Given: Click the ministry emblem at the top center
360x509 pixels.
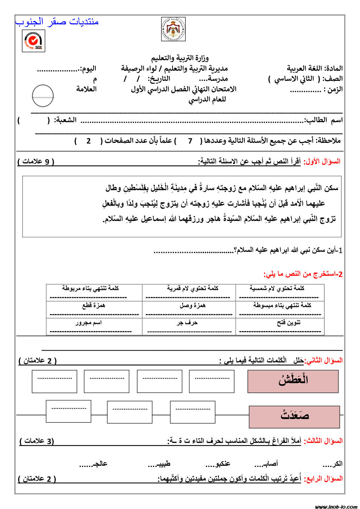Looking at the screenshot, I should pyautogui.click(x=173, y=29).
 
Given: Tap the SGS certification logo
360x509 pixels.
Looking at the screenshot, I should pyautogui.click(x=33, y=41).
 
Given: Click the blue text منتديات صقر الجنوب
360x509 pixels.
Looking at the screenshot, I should pyautogui.click(x=57, y=22).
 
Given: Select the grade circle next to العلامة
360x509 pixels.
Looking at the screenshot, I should pyautogui.click(x=43, y=96).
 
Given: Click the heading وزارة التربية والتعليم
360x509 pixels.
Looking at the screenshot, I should pyautogui.click(x=180, y=58).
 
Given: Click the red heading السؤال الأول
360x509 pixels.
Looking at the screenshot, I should pyautogui.click(x=322, y=161).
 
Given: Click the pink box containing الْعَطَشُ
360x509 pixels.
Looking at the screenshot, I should pyautogui.click(x=293, y=381).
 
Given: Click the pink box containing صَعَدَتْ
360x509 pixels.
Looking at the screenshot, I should pyautogui.click(x=294, y=417).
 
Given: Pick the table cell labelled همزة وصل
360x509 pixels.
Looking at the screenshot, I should pyautogui.click(x=189, y=310).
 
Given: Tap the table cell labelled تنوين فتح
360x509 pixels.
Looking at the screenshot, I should pyautogui.click(x=280, y=326).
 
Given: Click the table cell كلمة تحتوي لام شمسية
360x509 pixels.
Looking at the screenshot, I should pyautogui.click(x=280, y=293).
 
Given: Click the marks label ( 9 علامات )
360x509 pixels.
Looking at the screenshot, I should pyautogui.click(x=36, y=161).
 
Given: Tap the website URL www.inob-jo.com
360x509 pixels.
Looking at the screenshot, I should pyautogui.click(x=336, y=506).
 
